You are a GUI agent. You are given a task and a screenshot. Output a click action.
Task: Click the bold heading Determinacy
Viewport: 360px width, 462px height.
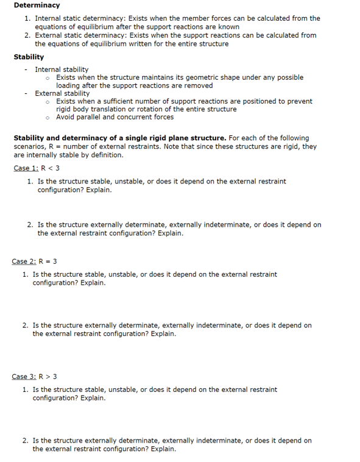(x=37, y=5)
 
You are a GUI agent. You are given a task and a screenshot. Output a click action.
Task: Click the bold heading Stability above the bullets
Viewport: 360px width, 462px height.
(x=29, y=57)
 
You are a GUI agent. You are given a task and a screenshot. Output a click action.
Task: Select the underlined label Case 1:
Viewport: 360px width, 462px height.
(x=26, y=168)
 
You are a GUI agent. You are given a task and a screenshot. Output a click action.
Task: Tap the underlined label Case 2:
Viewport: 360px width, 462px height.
(x=24, y=261)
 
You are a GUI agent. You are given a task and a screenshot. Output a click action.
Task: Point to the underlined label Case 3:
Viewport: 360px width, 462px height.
(x=24, y=377)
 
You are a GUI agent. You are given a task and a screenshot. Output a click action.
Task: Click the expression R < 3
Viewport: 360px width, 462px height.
(x=51, y=168)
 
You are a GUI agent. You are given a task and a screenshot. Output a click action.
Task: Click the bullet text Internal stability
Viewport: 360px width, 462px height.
(x=62, y=70)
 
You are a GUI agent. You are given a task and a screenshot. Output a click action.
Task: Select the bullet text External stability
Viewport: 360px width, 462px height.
(x=62, y=93)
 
